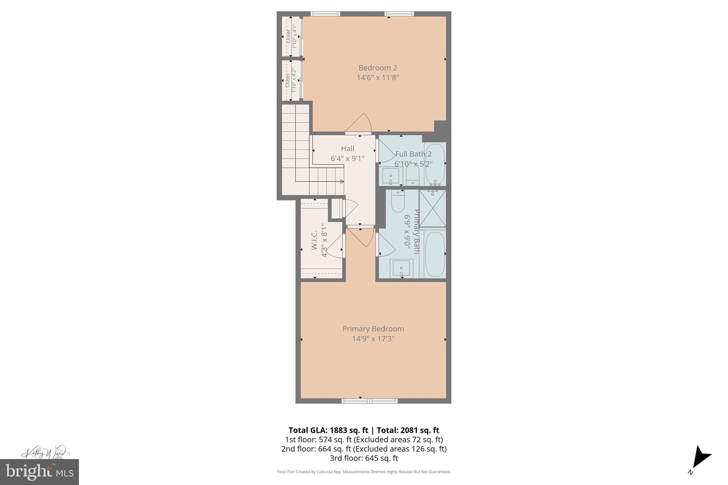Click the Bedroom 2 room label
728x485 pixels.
tap(378, 68)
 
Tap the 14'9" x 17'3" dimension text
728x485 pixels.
tap(373, 339)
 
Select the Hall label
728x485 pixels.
tap(348, 149)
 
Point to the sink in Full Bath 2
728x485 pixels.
tap(391, 176)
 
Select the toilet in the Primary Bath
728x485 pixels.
tap(397, 201)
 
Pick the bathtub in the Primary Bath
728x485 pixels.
tap(435, 254)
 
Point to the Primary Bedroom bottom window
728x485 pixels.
tap(369, 401)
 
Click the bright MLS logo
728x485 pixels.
tap(39, 472)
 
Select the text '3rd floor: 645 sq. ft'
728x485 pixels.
tap(364, 458)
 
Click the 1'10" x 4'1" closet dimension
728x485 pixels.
tap(294, 37)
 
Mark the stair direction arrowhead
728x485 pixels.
tap(342, 182)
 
